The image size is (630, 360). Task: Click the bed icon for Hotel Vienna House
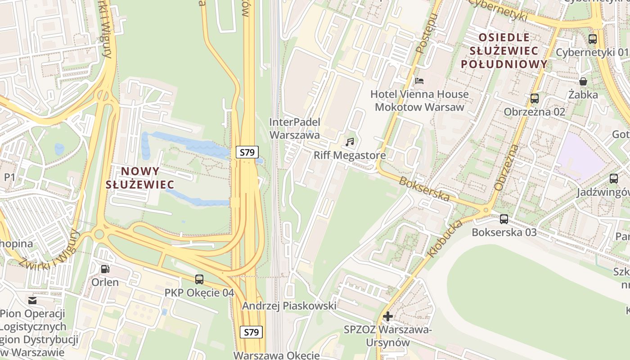419,81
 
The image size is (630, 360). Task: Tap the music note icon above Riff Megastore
350,142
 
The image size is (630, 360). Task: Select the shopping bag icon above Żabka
583,81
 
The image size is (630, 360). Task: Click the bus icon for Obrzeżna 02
535,98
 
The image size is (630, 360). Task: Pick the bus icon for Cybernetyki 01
593,39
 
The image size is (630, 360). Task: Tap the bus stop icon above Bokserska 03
504,219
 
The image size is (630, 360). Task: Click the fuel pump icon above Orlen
105,269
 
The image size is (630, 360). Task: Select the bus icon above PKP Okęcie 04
199,279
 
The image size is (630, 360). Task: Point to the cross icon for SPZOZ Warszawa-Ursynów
387,316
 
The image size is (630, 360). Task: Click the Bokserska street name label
424,188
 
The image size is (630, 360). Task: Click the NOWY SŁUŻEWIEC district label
140,177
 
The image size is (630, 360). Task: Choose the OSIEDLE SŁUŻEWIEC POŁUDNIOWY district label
504,50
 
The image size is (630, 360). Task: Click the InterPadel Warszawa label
295,128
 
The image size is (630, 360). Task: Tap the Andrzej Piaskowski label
289,306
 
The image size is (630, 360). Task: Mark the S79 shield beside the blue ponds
247,152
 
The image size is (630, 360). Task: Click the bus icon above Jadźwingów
614,179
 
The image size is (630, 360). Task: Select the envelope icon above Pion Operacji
32,300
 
